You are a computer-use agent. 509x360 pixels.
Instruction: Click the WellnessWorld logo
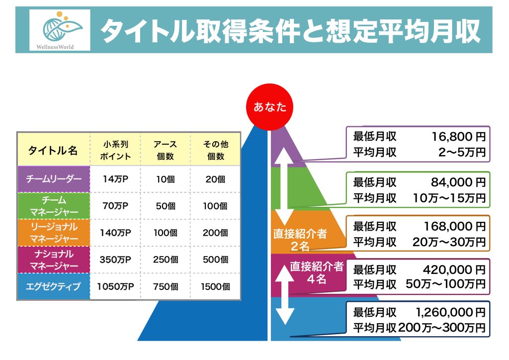(60, 30)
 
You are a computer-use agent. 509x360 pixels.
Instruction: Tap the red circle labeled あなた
(270, 107)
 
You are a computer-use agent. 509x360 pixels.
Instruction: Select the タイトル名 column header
(53, 150)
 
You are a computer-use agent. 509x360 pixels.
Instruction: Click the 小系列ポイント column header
(115, 150)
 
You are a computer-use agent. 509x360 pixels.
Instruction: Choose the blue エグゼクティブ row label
(53, 286)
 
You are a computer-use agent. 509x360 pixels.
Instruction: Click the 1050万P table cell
(115, 286)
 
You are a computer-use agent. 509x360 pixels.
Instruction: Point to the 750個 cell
(166, 286)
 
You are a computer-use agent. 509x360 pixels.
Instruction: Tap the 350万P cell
(115, 260)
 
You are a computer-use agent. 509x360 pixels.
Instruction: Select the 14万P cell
(115, 179)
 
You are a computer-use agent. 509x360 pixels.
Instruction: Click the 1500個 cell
(216, 286)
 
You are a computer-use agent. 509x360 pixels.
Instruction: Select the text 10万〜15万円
(449, 198)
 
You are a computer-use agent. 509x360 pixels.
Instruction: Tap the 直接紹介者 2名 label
(300, 239)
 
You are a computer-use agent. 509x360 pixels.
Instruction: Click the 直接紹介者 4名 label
(317, 272)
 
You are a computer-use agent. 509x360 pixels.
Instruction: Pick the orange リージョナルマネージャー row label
(53, 233)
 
